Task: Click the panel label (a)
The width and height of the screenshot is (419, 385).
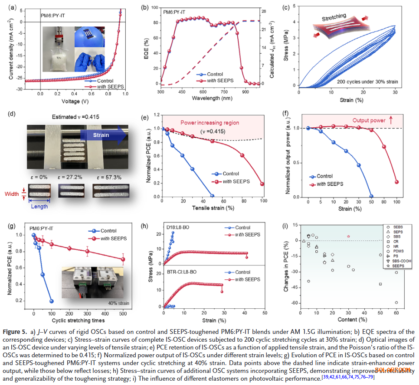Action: tap(13, 6)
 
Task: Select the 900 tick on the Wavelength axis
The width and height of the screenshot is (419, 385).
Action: tap(246, 92)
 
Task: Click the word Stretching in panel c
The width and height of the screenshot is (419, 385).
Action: tap(334, 18)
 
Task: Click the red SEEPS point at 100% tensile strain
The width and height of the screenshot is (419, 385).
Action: tap(262, 184)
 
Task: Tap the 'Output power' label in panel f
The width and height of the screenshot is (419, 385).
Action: tap(370, 120)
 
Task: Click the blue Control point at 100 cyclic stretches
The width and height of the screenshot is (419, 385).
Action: tap(52, 301)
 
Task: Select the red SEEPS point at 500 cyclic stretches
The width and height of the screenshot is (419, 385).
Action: tap(123, 259)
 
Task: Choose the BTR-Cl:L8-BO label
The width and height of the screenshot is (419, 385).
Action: tap(182, 274)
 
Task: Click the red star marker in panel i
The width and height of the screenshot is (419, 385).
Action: tap(348, 236)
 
